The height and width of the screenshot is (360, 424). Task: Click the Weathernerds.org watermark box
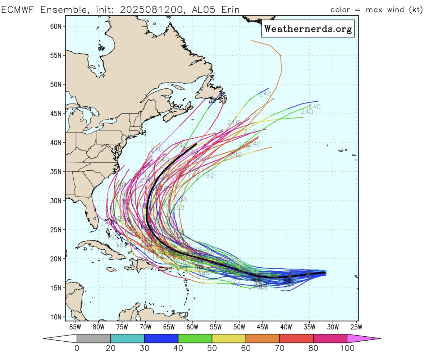tap(308, 29)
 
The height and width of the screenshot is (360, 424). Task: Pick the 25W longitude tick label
tap(356, 327)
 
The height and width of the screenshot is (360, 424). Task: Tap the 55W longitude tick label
tap(215, 327)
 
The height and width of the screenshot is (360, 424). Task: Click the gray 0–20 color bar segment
tap(94, 338)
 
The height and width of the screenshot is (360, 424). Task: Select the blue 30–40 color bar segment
tap(161, 338)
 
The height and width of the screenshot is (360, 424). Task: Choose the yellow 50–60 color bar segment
tap(229, 338)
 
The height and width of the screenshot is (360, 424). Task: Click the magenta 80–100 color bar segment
tap(330, 338)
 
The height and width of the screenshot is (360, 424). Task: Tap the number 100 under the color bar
tap(347, 349)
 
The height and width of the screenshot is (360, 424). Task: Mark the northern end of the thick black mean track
tap(196, 144)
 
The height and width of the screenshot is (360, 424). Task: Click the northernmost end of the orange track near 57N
tap(252, 41)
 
